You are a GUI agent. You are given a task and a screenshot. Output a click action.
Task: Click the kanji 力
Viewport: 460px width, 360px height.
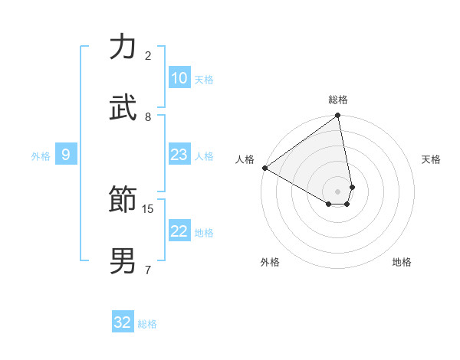[x=123, y=47]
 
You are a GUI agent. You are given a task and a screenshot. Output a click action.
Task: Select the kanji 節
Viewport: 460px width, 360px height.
[x=123, y=201]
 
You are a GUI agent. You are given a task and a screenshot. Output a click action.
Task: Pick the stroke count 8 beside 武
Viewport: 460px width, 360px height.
[x=148, y=116]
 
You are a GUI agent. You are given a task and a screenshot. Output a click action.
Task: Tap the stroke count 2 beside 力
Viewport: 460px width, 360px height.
[x=148, y=55]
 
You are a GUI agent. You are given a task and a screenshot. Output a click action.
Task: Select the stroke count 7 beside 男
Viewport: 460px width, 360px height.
[x=148, y=270]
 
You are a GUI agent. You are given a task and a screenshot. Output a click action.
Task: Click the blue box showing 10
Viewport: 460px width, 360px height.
[x=179, y=78]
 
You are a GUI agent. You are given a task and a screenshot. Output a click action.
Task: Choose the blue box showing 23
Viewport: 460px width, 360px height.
[x=179, y=155]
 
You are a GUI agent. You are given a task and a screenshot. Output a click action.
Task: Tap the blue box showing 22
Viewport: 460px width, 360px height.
[x=179, y=232]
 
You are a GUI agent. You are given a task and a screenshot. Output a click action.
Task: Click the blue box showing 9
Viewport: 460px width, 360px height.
[x=66, y=155]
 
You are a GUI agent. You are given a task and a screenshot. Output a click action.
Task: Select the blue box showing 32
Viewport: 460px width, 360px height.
[x=123, y=322]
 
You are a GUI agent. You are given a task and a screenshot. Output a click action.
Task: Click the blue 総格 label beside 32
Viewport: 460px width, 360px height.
[x=147, y=324]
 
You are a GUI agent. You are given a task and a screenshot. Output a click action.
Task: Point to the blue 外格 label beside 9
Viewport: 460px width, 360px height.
[x=41, y=156]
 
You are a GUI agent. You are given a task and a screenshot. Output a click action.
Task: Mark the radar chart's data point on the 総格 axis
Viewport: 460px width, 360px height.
[x=338, y=116]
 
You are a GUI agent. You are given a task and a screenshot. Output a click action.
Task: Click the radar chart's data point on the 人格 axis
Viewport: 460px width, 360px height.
[x=264, y=168]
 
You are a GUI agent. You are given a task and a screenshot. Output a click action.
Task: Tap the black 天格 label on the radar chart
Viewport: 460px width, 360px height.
[x=431, y=159]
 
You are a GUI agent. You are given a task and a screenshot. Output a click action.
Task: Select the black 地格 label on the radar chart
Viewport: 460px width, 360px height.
[x=402, y=262]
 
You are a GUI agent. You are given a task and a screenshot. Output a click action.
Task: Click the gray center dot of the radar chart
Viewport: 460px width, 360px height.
[x=338, y=191]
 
